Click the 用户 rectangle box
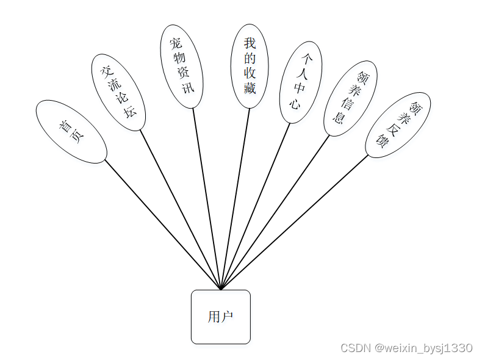tap(220, 317)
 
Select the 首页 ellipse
tap(71, 132)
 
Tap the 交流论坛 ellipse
tap(118, 92)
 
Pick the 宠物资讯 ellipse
tap(181, 67)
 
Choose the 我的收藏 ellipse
tap(250, 66)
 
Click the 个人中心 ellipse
tap(301, 82)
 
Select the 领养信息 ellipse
tap(350, 98)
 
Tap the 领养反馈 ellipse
tap(398, 125)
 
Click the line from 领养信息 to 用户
tap(275, 211)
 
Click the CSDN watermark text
tap(406, 348)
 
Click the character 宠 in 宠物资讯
tap(176, 44)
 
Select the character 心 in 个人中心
tap(295, 103)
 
